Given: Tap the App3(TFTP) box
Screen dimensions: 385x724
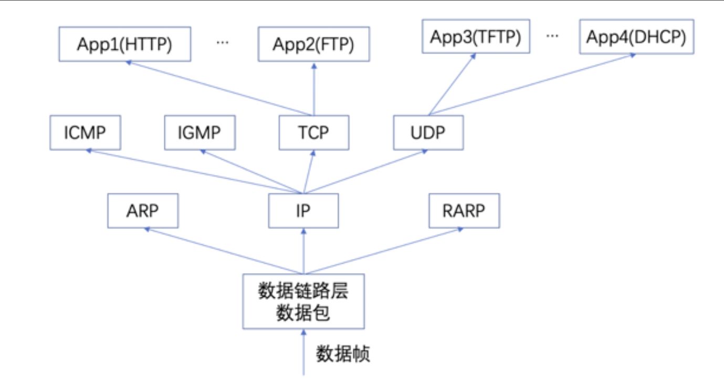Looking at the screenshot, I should tap(476, 37).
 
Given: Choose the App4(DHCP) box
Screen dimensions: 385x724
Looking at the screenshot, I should tap(636, 37).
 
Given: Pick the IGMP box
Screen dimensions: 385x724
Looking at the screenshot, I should tap(200, 132).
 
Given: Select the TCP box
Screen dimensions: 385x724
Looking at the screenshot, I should tap(314, 132).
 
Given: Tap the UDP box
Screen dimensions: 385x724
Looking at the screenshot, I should tap(428, 132).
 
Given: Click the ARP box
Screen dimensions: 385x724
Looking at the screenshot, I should tap(142, 211).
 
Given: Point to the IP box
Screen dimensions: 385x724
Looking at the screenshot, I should tap(303, 211).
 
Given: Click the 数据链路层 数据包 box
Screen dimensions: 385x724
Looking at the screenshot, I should tap(303, 301).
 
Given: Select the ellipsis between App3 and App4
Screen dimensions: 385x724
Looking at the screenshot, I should tap(552, 36).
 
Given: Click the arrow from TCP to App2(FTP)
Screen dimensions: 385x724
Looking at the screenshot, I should tap(314, 89).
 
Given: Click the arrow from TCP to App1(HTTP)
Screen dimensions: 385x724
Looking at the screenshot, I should tap(221, 88).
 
